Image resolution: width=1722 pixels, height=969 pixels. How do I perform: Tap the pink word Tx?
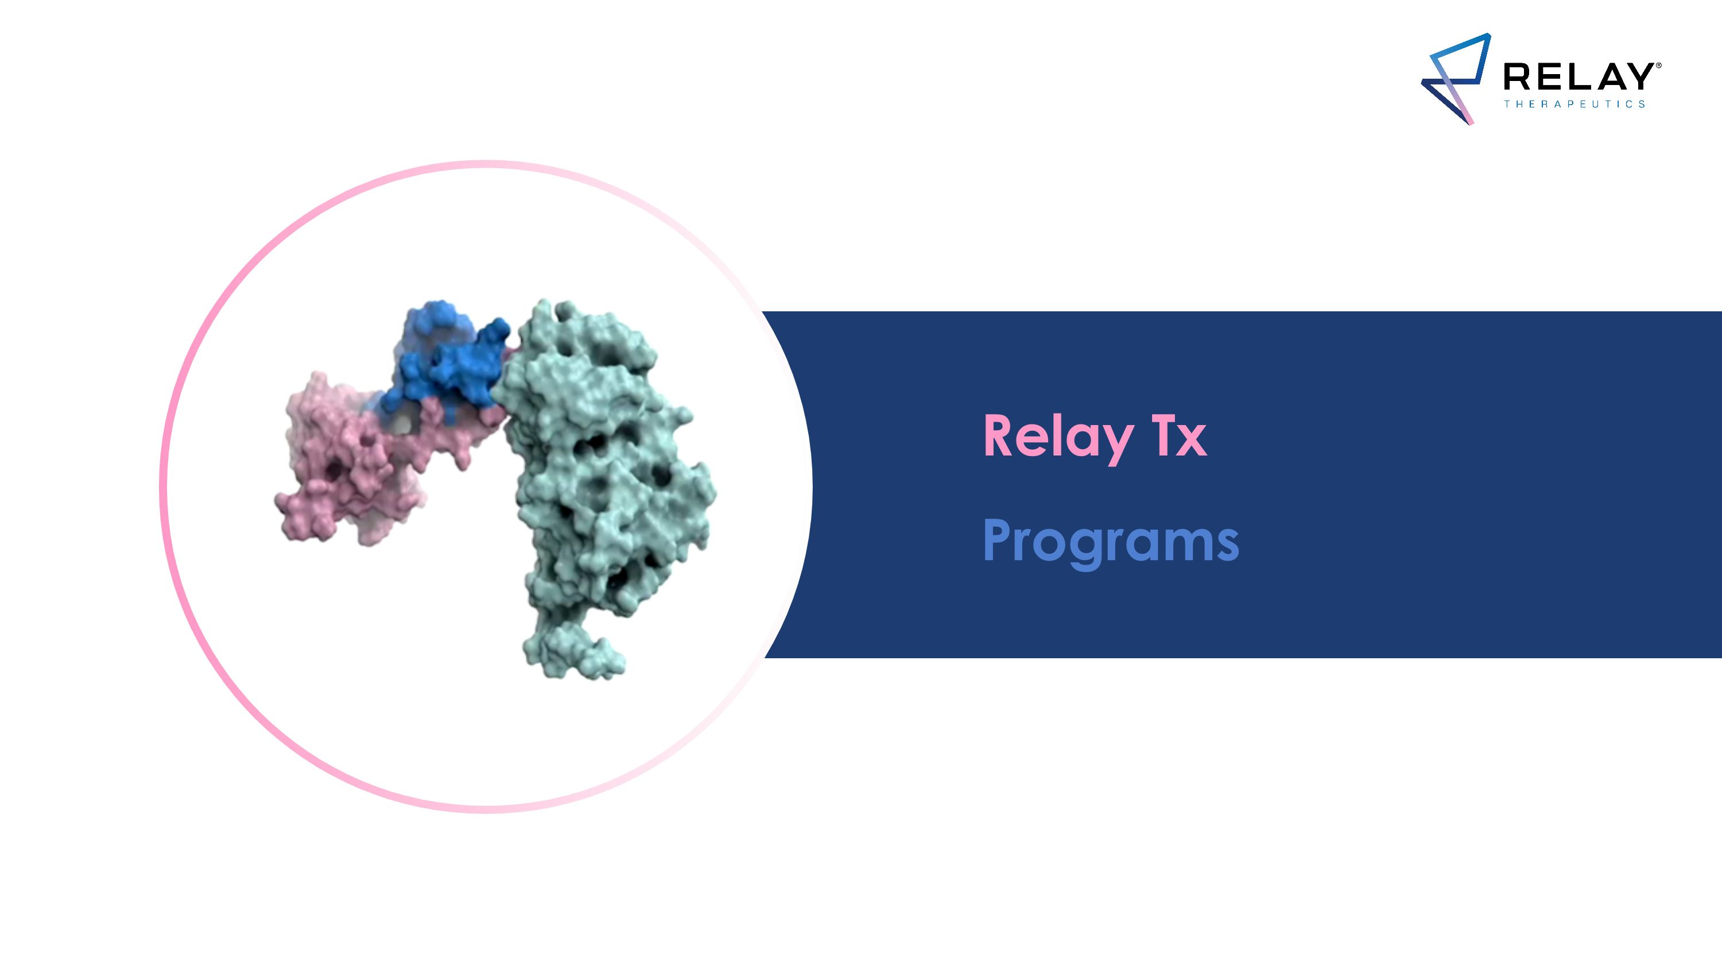1181,436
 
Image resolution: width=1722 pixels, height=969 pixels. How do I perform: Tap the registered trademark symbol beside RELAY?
1658,65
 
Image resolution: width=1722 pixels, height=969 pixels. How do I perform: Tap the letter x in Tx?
1192,441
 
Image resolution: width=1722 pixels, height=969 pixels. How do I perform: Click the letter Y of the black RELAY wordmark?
1638,77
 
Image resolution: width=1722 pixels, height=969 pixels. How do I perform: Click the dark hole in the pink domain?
335,472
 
